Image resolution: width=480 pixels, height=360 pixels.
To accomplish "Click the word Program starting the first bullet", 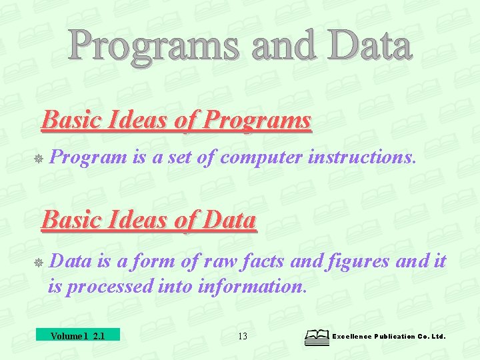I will (88, 157).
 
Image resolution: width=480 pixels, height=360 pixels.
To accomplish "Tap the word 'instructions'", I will (359, 157).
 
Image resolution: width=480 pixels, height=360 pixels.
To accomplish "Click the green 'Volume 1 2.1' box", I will (77, 335).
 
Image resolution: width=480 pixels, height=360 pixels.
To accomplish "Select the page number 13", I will (243, 336).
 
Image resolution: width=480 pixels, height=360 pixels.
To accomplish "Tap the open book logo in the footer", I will (316, 337).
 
